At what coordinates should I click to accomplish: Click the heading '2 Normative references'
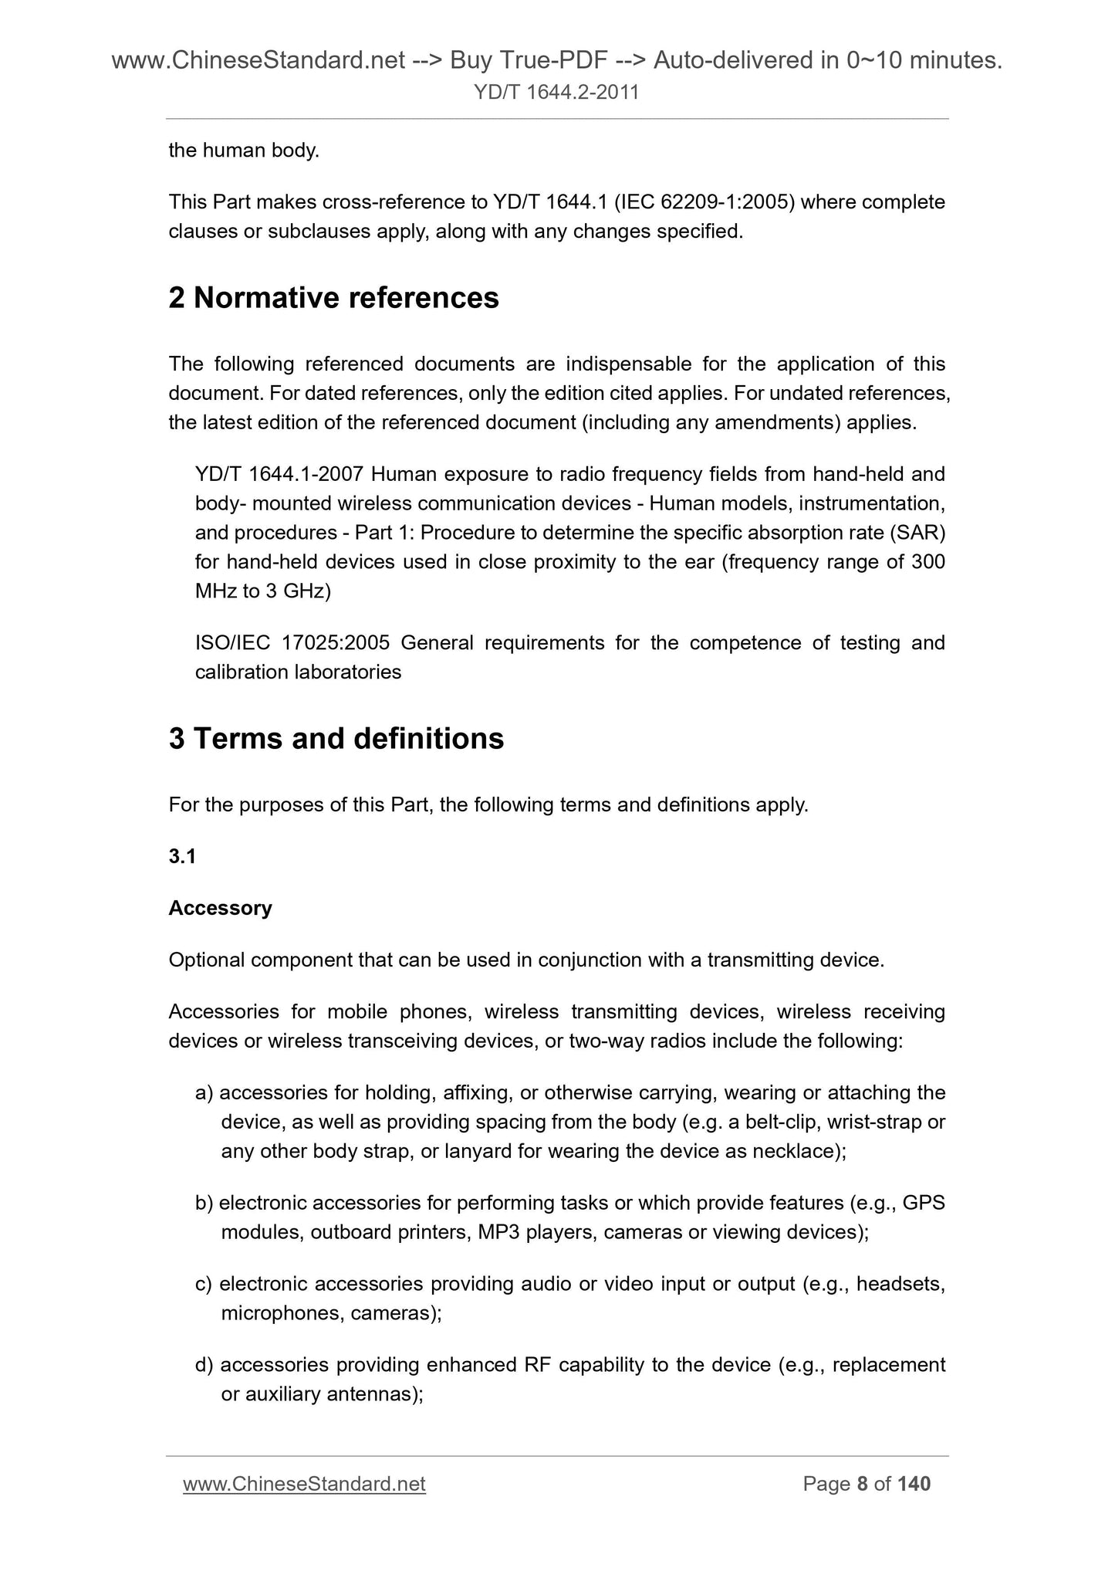click(333, 298)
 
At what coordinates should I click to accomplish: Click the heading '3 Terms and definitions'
click(336, 739)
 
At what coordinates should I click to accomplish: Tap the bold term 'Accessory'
click(220, 908)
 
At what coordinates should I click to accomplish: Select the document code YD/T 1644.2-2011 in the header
click(556, 93)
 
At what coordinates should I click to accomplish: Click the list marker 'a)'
click(204, 1092)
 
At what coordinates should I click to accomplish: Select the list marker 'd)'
click(204, 1365)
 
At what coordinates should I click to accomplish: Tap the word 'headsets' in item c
click(899, 1284)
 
